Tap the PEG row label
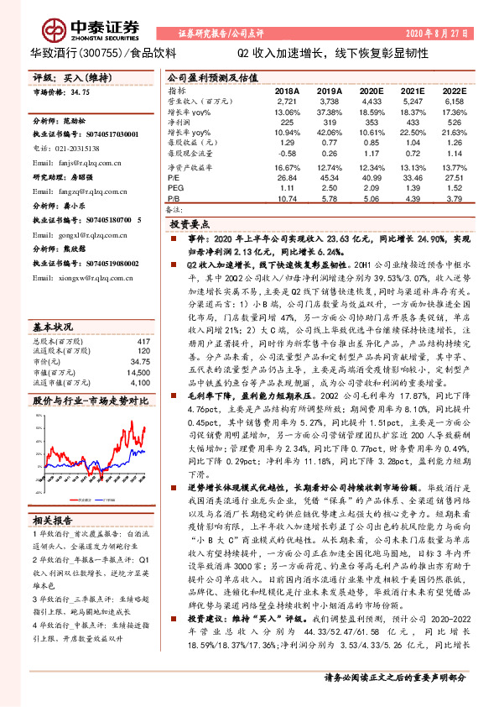tap(174, 188)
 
